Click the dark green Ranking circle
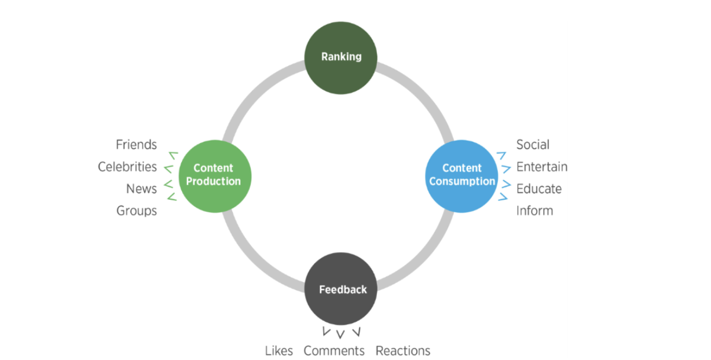pos(341,57)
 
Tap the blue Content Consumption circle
pos(462,175)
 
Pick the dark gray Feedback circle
pos(341,288)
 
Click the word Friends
pos(136,144)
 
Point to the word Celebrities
pos(127,167)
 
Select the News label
pos(141,189)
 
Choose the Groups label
pos(137,211)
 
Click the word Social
pos(533,144)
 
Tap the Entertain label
pos(542,167)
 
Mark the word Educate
pos(539,189)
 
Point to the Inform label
pos(534,211)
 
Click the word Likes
pos(279,351)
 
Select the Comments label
pos(334,351)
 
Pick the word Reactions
pos(403,351)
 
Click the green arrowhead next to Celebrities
pos(169,169)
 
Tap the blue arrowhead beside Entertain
pos(505,168)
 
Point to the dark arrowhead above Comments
pos(340,334)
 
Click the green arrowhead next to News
pos(169,184)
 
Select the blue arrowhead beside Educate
pos(505,184)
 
